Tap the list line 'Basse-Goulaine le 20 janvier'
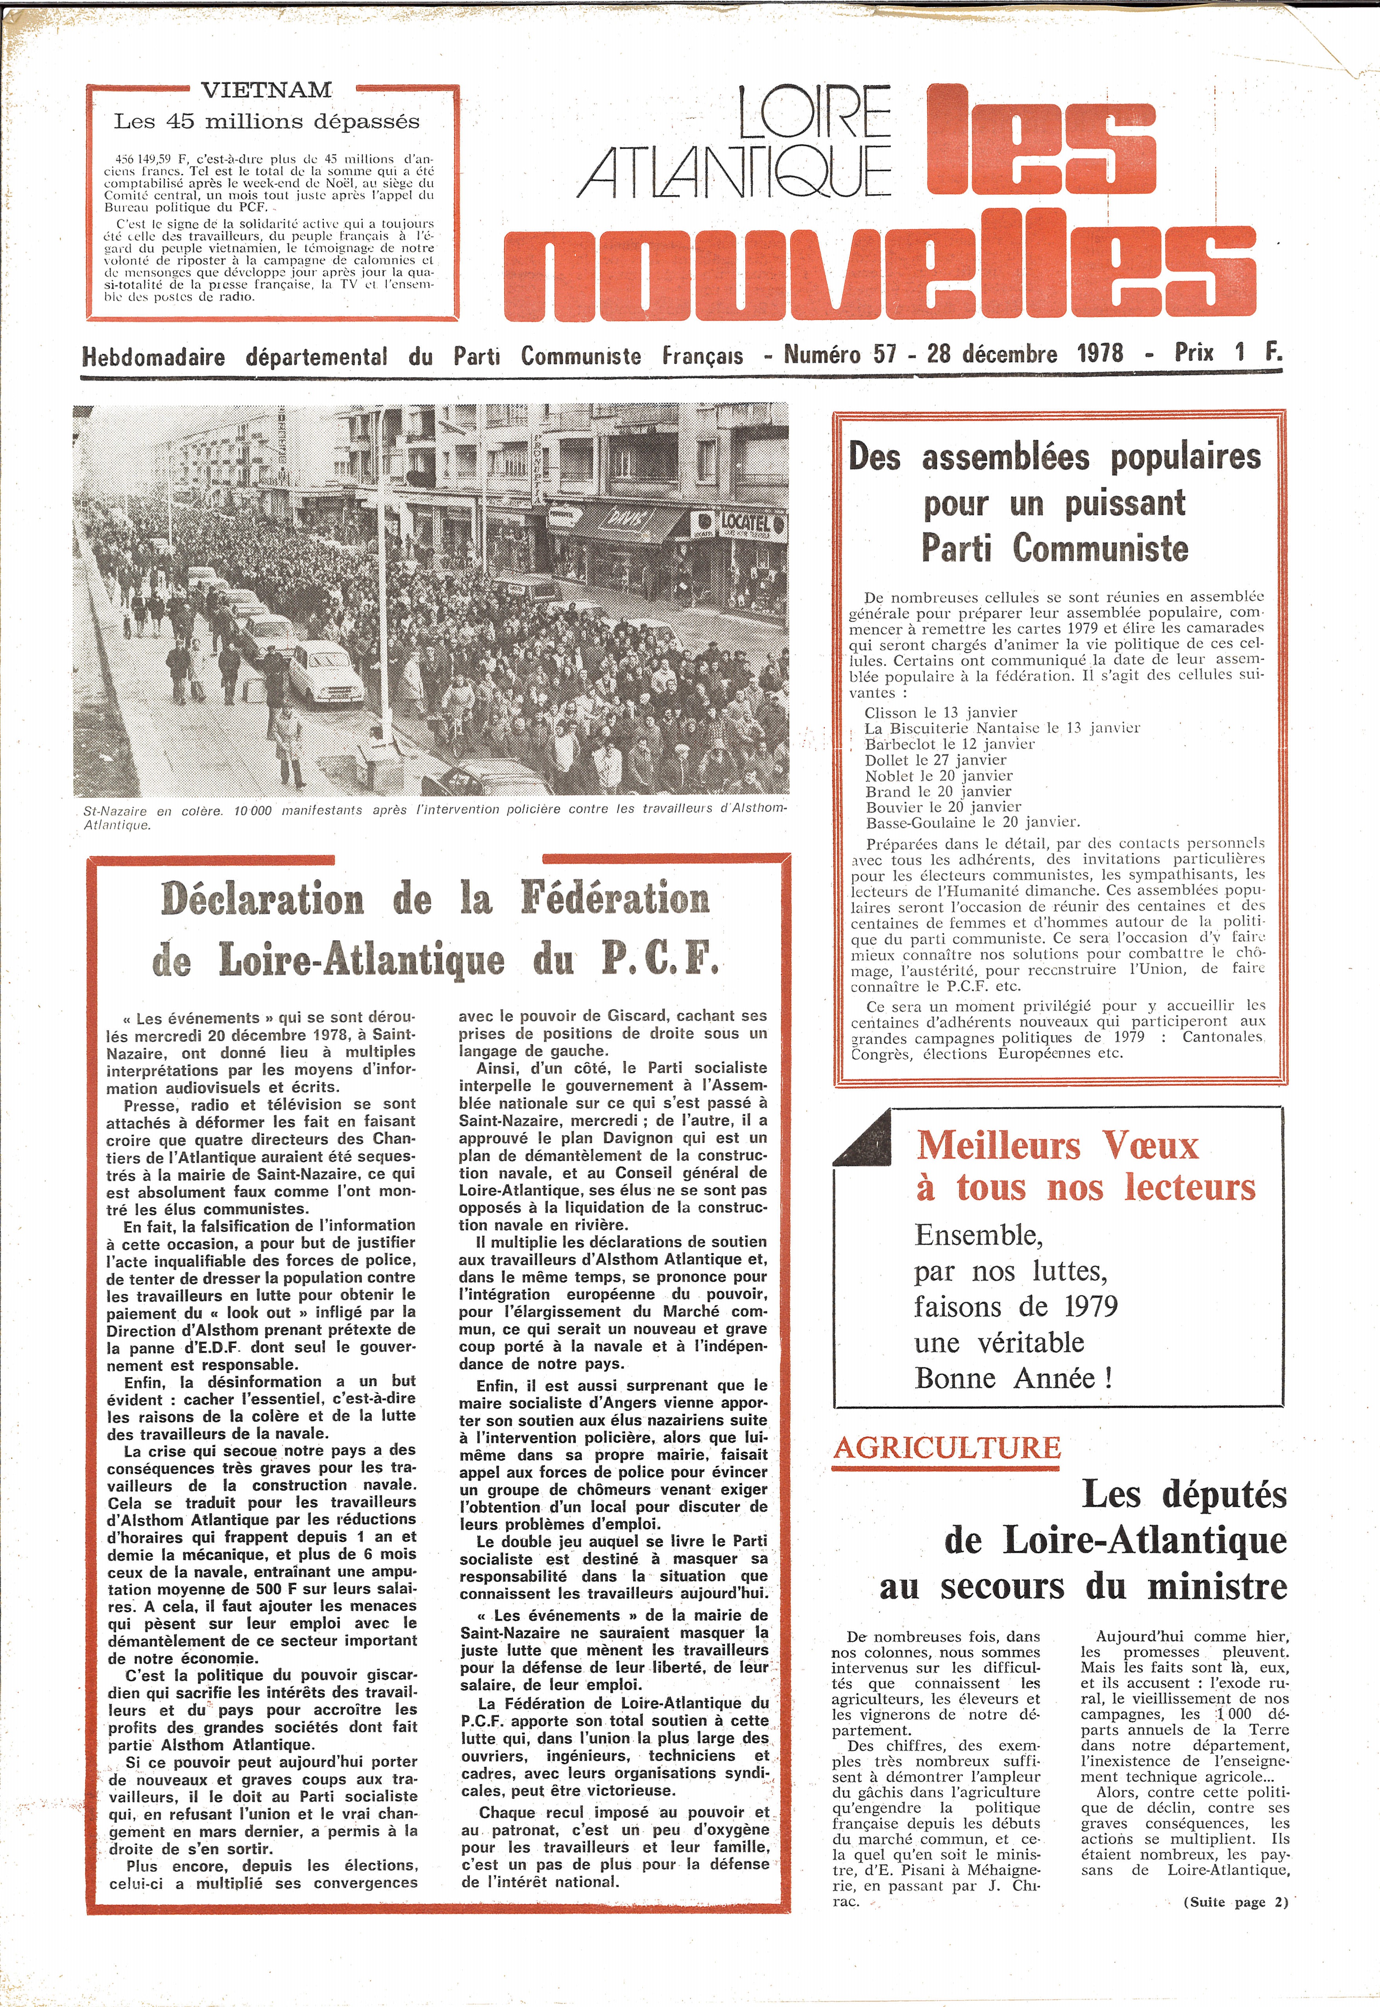(972, 823)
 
